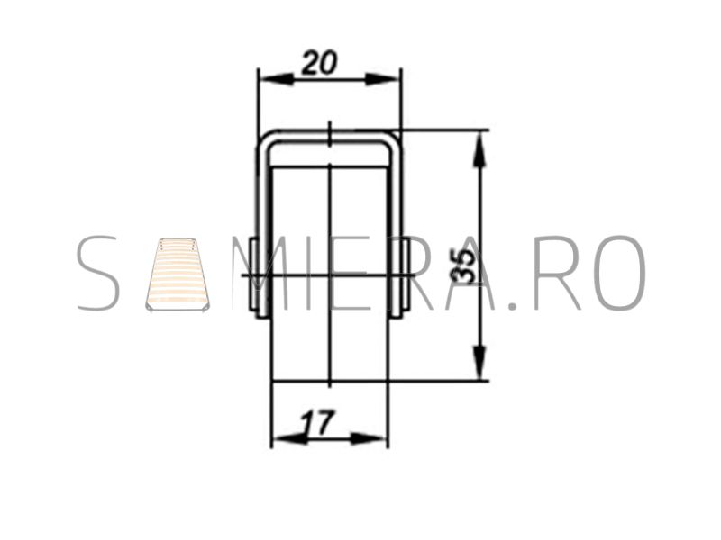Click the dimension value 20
pos(319,63)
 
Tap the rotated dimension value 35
pos(463,267)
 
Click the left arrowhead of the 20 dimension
pos(277,79)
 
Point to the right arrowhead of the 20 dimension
pos(381,79)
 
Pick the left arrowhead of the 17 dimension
pos(289,439)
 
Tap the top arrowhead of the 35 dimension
pos(479,148)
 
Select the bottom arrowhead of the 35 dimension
pos(479,363)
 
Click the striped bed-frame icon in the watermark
pos(178,274)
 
